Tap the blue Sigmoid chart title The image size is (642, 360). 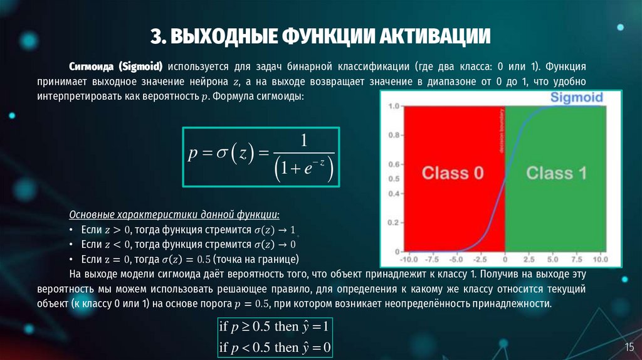click(x=576, y=97)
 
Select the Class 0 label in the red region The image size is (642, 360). click(x=453, y=173)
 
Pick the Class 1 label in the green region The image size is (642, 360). click(x=556, y=173)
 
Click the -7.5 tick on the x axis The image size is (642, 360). click(x=430, y=259)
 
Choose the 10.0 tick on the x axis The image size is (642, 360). click(x=600, y=259)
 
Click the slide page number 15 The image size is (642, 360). click(x=629, y=347)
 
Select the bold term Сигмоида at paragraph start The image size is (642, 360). click(x=93, y=67)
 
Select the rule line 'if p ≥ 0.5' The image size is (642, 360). click(x=274, y=327)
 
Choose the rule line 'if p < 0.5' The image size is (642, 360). click(x=274, y=347)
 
